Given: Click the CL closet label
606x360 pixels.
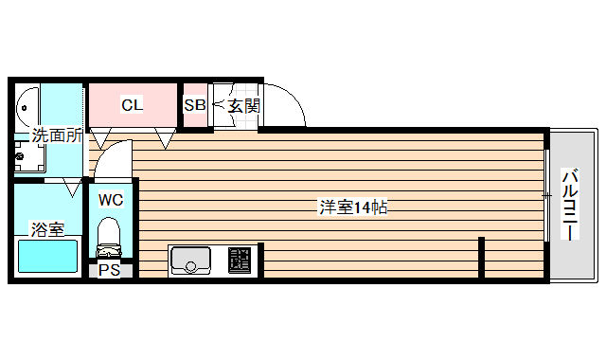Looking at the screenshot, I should (x=132, y=105).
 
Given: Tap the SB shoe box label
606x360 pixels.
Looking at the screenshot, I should (x=194, y=105).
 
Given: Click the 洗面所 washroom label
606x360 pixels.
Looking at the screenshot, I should (x=56, y=135).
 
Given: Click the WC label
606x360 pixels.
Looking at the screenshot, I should (x=111, y=200).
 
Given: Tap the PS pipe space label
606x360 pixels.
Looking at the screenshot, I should (x=110, y=270).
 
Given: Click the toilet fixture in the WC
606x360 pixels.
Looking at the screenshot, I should (x=110, y=237).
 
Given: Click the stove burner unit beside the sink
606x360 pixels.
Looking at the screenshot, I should (x=240, y=259).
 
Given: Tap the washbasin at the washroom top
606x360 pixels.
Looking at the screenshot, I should (x=27, y=105).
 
